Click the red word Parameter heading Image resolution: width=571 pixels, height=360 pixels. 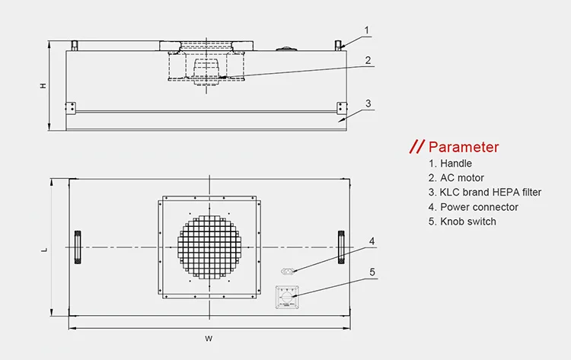click(x=464, y=147)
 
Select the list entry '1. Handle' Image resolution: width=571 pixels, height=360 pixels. click(x=450, y=163)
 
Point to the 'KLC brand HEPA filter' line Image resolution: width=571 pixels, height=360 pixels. click(x=484, y=192)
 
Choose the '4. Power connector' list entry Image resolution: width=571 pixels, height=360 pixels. click(x=473, y=206)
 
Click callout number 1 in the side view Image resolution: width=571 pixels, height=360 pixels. click(x=366, y=30)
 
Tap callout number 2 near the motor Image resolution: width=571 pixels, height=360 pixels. click(x=367, y=59)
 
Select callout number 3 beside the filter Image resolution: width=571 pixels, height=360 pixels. click(x=367, y=103)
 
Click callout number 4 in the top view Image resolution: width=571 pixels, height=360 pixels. click(x=372, y=242)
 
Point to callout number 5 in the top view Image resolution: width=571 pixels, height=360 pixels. click(x=372, y=272)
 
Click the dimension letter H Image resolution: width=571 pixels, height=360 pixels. click(x=43, y=86)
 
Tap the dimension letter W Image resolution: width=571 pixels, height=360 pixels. click(x=209, y=337)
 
